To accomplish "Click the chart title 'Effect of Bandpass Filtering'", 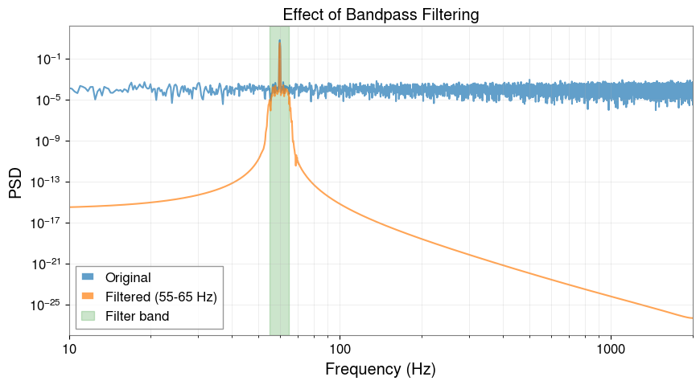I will pyautogui.click(x=381, y=14).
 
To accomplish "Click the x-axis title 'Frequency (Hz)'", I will pyautogui.click(x=381, y=370).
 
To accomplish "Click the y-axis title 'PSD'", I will pyautogui.click(x=16, y=182).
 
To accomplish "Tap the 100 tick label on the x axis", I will pyautogui.click(x=340, y=350).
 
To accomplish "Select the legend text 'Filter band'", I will pyautogui.click(x=142, y=316).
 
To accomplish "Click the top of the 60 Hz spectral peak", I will pyautogui.click(x=279, y=40).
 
